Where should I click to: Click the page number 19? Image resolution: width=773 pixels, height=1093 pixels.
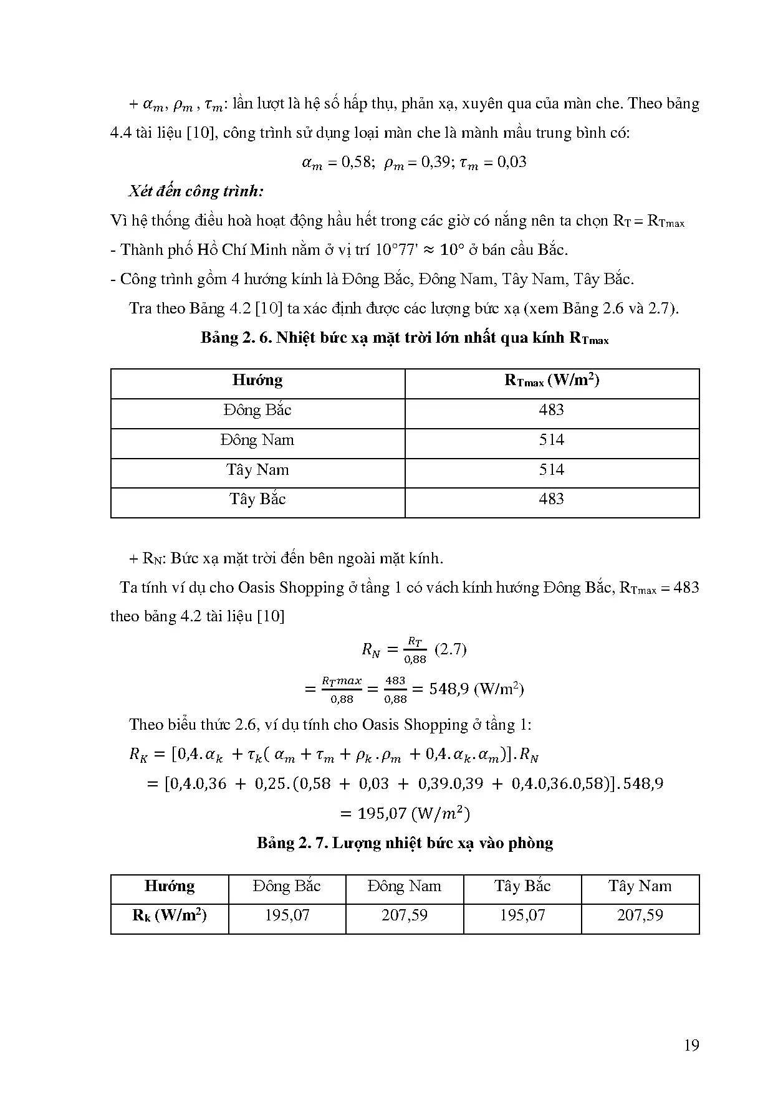tap(691, 1045)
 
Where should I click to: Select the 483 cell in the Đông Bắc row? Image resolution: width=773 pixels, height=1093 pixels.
tap(551, 410)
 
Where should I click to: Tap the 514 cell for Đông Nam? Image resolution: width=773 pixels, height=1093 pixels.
tap(551, 440)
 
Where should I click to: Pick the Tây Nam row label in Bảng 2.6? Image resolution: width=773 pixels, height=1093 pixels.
tap(257, 470)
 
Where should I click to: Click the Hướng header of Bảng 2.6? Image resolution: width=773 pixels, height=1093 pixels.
tap(257, 380)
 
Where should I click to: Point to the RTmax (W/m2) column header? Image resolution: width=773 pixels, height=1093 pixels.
tap(551, 381)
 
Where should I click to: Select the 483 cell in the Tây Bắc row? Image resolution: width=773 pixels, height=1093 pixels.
tap(551, 499)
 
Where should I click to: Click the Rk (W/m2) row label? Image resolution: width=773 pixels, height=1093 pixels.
tap(170, 915)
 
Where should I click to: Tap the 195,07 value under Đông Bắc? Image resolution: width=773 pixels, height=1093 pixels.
tap(287, 915)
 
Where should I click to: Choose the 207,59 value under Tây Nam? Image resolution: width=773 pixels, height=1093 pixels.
tap(640, 915)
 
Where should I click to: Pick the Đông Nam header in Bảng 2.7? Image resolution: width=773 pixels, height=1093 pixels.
tap(405, 886)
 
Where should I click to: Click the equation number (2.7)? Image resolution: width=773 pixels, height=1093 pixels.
tap(450, 649)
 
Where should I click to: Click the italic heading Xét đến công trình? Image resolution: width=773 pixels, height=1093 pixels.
tap(196, 191)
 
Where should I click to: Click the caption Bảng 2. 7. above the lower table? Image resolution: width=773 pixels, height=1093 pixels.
tap(292, 843)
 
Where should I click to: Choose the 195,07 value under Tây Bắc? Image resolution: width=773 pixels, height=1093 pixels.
tap(522, 915)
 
